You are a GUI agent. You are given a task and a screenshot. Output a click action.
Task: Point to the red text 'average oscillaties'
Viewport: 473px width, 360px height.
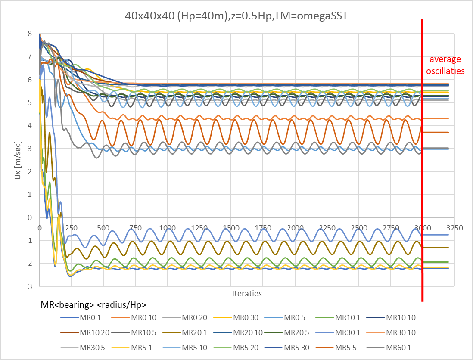click(445, 65)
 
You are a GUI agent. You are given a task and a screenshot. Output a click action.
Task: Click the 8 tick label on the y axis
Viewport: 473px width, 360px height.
click(29, 34)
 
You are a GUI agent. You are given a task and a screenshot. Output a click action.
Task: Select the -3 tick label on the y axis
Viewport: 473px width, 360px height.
click(28, 286)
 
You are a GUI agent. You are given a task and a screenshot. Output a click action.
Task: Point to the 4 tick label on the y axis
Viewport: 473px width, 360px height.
click(29, 126)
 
